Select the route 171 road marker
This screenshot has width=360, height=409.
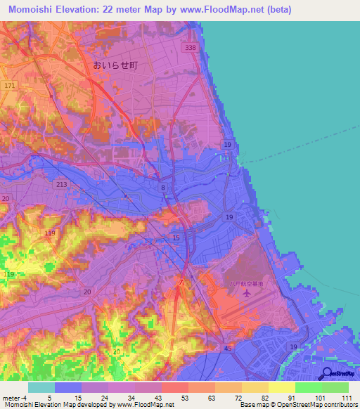[x=8, y=85]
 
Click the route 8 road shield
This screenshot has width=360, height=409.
[x=162, y=188]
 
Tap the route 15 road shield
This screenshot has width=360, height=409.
[x=176, y=238]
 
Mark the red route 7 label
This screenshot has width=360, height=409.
[x=181, y=283]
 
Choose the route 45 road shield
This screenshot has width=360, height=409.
[x=228, y=348]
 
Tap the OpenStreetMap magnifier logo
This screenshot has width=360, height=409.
[x=326, y=373]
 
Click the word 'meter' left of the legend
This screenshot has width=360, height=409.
[x=11, y=398]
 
